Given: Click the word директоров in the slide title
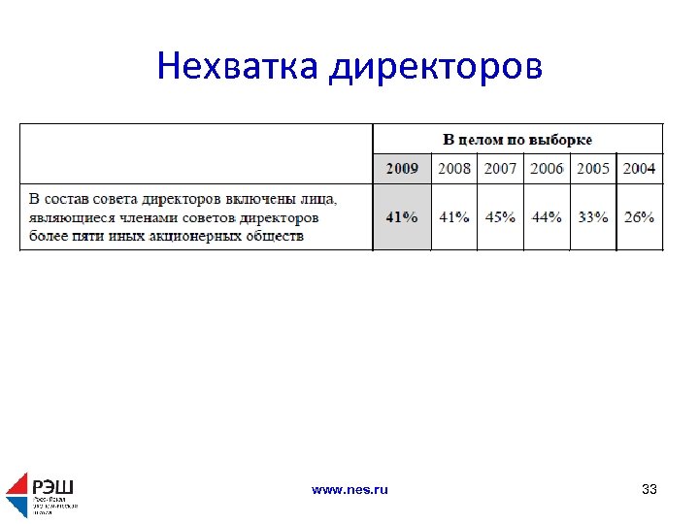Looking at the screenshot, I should tap(436, 67).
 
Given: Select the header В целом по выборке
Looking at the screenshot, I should tap(517, 140).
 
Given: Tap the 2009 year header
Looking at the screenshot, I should tap(402, 169).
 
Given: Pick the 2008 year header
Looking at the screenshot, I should tap(454, 169).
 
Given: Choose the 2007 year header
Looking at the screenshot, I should tap(501, 169).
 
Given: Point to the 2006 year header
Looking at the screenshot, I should tap(548, 169).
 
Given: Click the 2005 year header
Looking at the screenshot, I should tap(593, 169).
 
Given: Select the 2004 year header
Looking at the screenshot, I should tap(639, 169).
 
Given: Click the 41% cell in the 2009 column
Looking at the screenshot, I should tap(402, 217).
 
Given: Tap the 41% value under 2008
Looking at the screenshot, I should tap(454, 217).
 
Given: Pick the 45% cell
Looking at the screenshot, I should tap(501, 217).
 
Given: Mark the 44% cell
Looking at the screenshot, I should tap(548, 217).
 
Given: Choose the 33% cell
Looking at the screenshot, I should tap(593, 217).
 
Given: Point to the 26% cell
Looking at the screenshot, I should tap(639, 217).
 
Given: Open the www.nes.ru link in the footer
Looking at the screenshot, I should tap(349, 490).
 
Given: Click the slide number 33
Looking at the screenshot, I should tap(649, 490).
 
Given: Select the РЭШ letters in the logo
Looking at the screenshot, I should tap(53, 486).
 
